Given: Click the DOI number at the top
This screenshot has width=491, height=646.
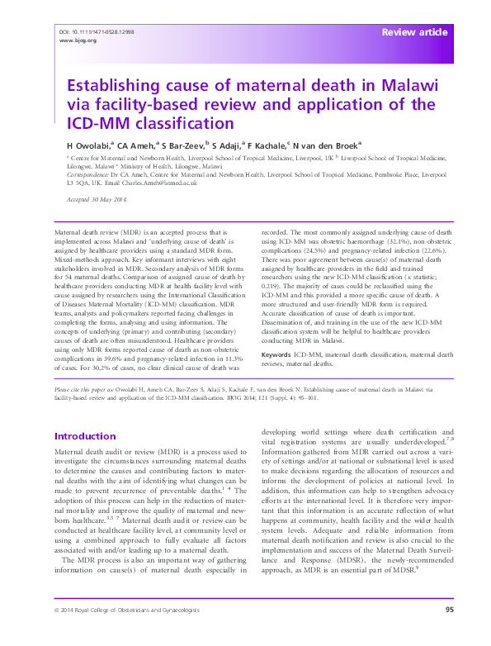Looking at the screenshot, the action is (x=97, y=31).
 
